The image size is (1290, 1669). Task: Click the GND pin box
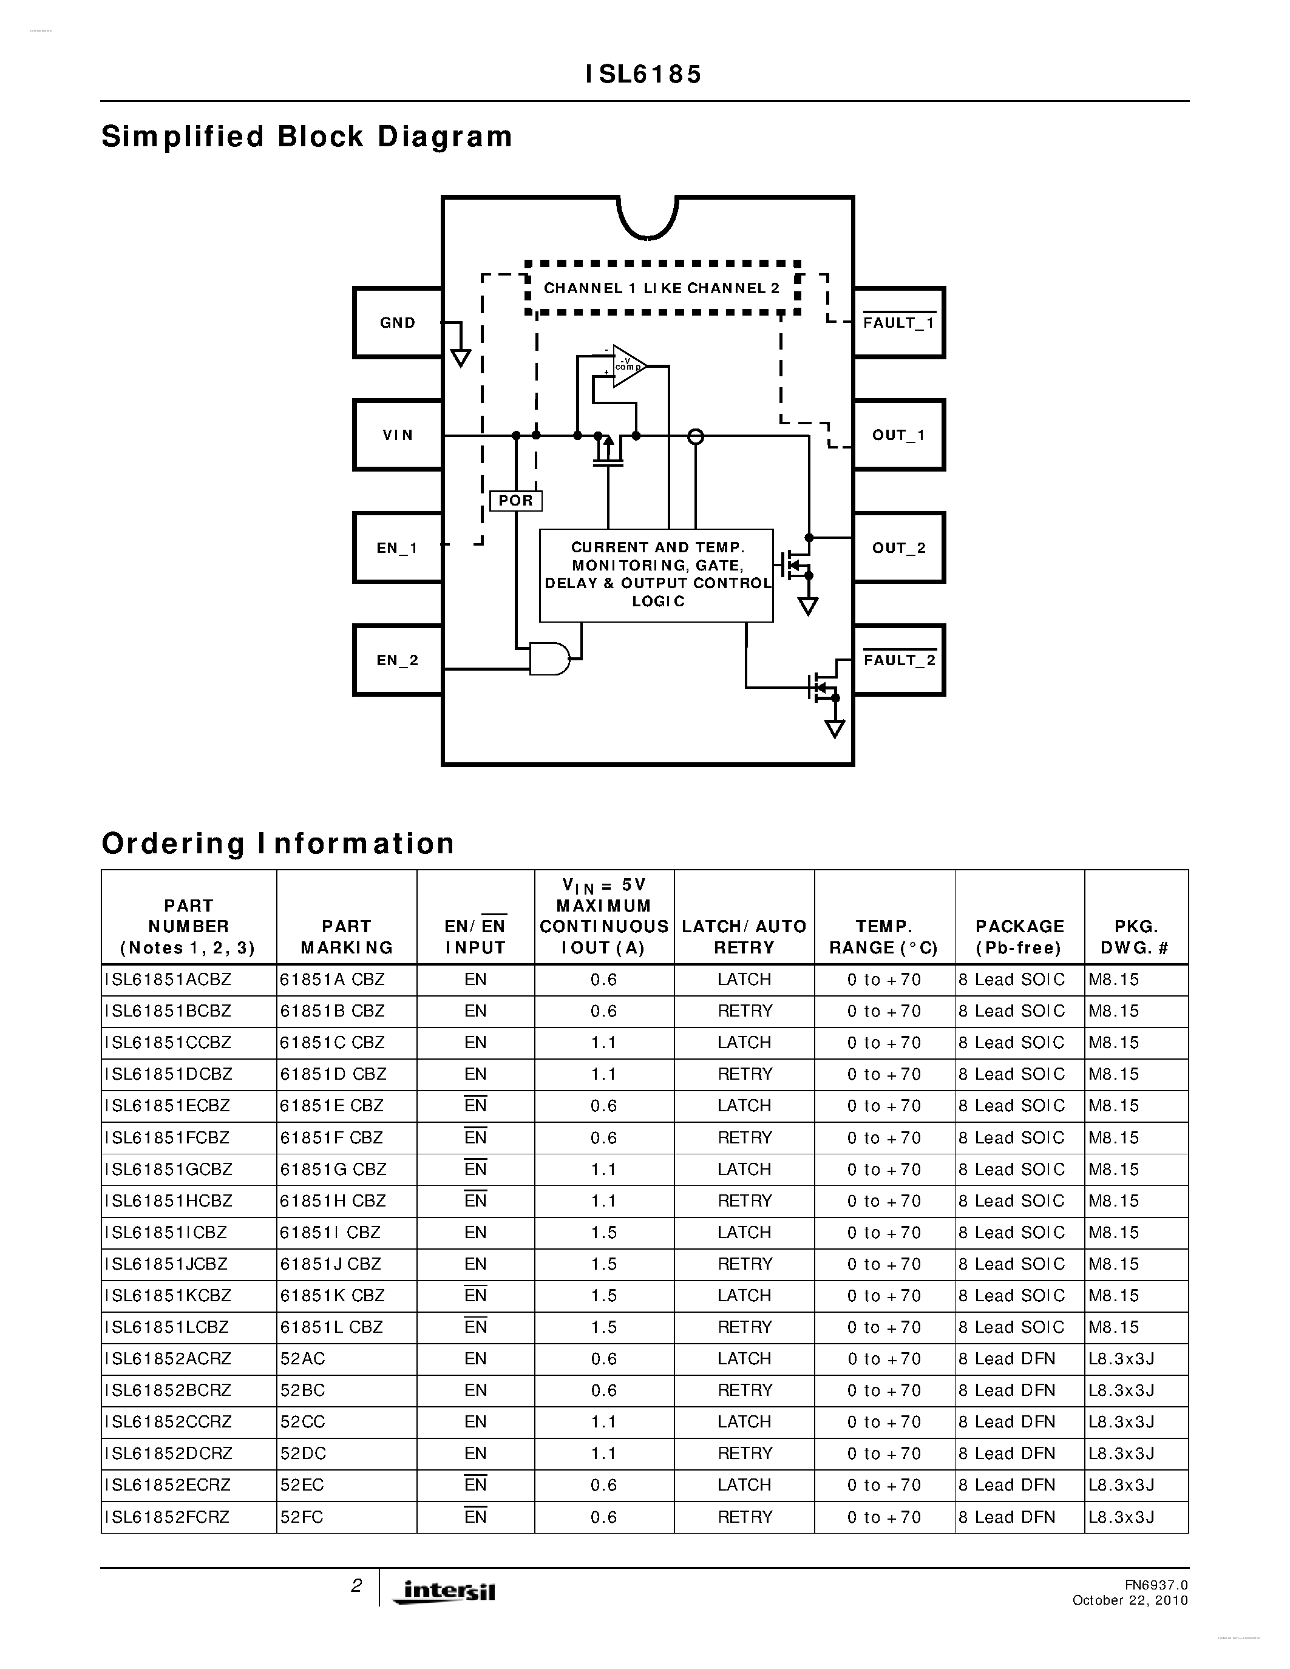pyautogui.click(x=398, y=322)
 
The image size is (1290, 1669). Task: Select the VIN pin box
pyautogui.click(x=398, y=435)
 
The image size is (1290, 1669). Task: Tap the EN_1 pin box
pyautogui.click(x=398, y=548)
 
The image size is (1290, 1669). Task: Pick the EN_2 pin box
pyautogui.click(x=398, y=660)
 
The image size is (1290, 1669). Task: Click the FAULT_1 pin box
pyautogui.click(x=898, y=322)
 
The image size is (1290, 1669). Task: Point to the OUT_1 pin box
pyautogui.click(x=898, y=435)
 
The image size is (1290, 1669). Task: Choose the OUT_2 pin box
pyautogui.click(x=898, y=548)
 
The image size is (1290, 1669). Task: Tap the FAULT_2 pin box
pyautogui.click(x=898, y=660)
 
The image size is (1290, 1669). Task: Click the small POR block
pyautogui.click(x=516, y=501)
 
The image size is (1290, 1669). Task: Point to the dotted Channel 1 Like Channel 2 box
pyautogui.click(x=662, y=288)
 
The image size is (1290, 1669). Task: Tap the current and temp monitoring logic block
pyautogui.click(x=656, y=575)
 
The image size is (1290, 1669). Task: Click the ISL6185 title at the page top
pyautogui.click(x=643, y=74)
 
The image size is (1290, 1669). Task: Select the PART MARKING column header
pyautogui.click(x=346, y=937)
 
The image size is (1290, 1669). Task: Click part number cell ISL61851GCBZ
pyautogui.click(x=168, y=1170)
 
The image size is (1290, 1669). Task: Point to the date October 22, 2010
pyautogui.click(x=1130, y=1600)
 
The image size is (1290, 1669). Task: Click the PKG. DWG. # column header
pyautogui.click(x=1136, y=937)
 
